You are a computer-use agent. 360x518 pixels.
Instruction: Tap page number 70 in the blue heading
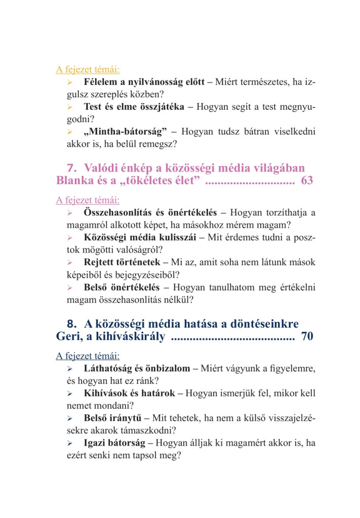307,336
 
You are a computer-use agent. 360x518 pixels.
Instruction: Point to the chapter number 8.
71,323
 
